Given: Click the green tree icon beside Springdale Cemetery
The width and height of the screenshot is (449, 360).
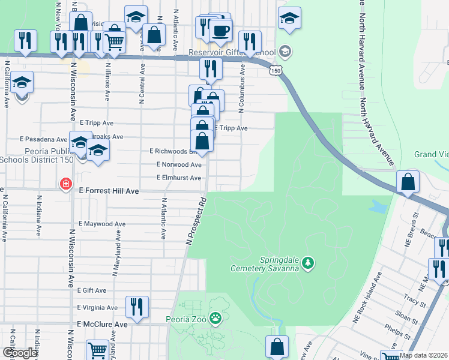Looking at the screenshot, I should click(x=307, y=262).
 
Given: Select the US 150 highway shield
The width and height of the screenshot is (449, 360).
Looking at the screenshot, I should click(x=276, y=71).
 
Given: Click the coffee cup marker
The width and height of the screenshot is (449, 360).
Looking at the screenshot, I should click(x=220, y=30).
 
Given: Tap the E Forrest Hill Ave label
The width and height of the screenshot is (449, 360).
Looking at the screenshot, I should click(x=109, y=191).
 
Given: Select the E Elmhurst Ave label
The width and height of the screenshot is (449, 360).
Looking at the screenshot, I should click(x=178, y=178).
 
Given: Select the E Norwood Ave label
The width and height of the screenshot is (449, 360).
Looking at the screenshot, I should click(x=178, y=164).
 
